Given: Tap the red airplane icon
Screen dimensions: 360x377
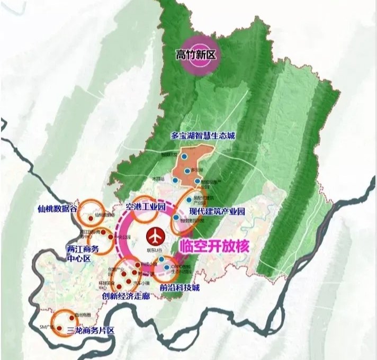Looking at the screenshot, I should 155,235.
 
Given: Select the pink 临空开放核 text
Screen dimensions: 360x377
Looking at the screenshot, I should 214,247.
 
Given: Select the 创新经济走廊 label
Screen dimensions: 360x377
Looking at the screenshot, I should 129,296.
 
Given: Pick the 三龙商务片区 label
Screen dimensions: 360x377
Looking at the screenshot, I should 91,330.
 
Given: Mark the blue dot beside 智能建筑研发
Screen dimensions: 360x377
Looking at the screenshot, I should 176,217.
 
